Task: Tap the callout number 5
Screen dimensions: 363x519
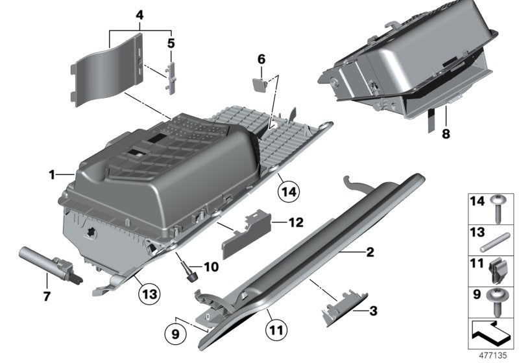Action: [x=171, y=44]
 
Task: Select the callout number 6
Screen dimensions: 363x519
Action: [x=261, y=59]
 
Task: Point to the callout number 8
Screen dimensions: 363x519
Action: [x=446, y=136]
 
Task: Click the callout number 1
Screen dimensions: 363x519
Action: [x=51, y=174]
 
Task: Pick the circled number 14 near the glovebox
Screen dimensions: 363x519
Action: [x=291, y=191]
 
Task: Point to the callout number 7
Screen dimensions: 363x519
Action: [x=47, y=282]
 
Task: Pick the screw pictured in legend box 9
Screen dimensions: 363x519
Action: [x=498, y=302]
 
